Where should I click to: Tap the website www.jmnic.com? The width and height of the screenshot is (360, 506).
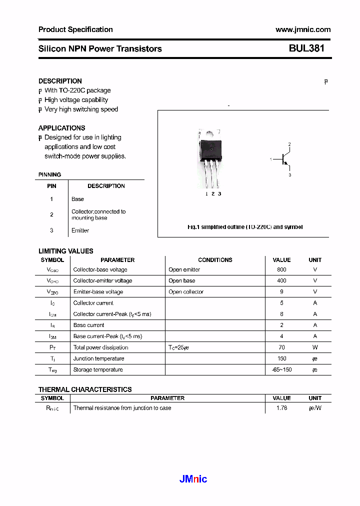[302, 29]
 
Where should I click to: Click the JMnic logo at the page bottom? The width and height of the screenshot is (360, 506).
[193, 479]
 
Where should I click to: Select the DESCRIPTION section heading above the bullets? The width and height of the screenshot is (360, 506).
[60, 81]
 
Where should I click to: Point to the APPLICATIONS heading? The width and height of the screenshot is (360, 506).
[61, 128]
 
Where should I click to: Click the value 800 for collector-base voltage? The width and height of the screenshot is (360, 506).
[281, 269]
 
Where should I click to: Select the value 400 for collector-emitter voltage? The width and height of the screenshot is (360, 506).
[281, 280]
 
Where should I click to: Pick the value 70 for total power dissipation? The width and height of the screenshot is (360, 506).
[281, 347]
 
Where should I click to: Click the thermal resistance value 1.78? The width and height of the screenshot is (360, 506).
[281, 408]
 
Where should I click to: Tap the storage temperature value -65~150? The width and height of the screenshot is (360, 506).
[281, 369]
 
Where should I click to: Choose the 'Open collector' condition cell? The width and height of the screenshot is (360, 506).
[186, 292]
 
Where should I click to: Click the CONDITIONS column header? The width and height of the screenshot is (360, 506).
[215, 260]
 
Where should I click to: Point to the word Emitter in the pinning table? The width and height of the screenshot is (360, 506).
[80, 230]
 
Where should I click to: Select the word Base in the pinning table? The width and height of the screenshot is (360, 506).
[77, 199]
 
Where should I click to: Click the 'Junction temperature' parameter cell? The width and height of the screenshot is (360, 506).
[98, 358]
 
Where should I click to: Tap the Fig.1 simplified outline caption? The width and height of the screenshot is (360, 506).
[245, 227]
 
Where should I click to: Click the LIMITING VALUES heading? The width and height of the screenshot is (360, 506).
[65, 251]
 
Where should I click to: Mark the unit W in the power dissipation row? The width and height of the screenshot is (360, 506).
[315, 347]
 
